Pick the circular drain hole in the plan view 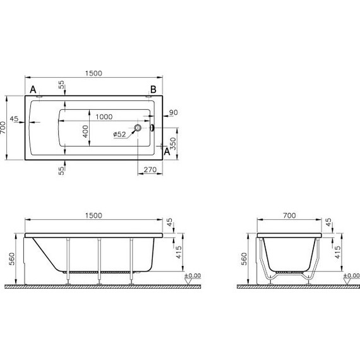pyautogui.click(x=137, y=128)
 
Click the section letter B pyautogui.click(x=152, y=89)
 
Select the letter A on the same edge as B pyautogui.click(x=32, y=89)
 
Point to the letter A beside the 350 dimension pyautogui.click(x=167, y=152)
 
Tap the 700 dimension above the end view pyautogui.click(x=289, y=215)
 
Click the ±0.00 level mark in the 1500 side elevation pyautogui.click(x=191, y=276)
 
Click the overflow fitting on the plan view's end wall pyautogui.click(x=152, y=128)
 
